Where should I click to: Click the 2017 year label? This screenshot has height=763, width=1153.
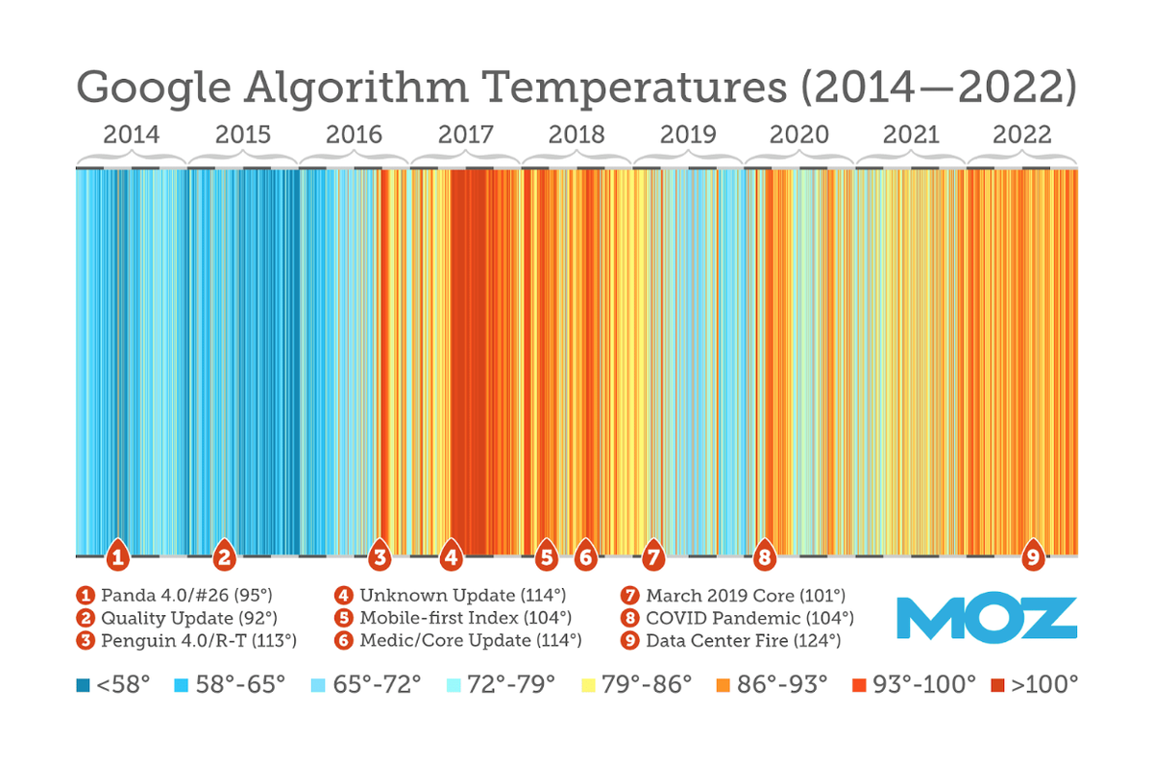466,135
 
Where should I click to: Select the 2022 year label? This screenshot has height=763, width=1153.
1022,135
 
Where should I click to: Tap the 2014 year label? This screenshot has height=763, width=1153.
132,135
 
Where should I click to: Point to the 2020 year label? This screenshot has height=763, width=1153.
799,135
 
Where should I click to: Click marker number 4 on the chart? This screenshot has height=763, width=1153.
451,555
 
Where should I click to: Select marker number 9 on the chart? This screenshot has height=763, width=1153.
1033,555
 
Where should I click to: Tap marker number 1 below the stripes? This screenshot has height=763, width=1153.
117,555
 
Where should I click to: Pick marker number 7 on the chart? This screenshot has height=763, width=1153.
653,555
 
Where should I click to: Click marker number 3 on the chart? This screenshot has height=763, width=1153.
380,555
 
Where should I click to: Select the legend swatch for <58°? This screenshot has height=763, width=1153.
84,685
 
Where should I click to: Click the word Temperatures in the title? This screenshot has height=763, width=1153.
633,87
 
